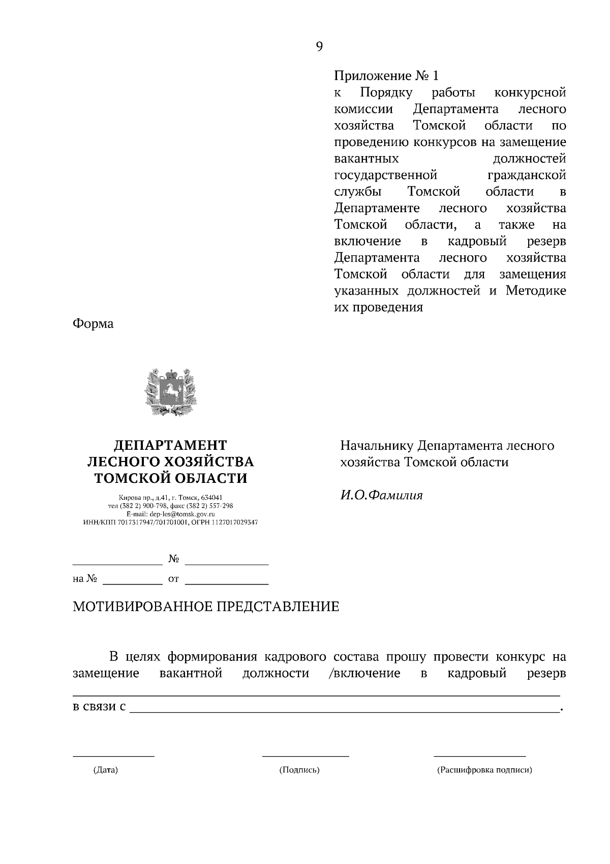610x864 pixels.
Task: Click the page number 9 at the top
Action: pyautogui.click(x=319, y=47)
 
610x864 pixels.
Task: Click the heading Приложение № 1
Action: pyautogui.click(x=386, y=76)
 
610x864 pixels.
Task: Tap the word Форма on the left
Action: pyautogui.click(x=93, y=324)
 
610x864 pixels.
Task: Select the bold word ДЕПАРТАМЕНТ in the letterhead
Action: pyautogui.click(x=170, y=445)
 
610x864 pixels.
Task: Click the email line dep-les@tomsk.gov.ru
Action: pyautogui.click(x=170, y=514)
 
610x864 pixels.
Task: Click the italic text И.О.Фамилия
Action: pyautogui.click(x=381, y=495)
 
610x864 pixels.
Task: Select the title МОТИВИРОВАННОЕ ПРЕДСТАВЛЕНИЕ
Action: pyautogui.click(x=206, y=607)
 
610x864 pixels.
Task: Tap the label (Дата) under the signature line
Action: pyautogui.click(x=105, y=770)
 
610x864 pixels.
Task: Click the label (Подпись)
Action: pyautogui.click(x=299, y=770)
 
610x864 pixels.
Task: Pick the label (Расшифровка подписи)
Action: pyautogui.click(x=484, y=770)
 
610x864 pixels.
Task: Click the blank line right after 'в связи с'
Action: pyautogui.click(x=343, y=712)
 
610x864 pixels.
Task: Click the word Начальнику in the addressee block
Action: pyautogui.click(x=377, y=446)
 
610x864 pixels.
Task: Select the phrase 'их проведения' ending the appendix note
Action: pyautogui.click(x=378, y=308)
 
